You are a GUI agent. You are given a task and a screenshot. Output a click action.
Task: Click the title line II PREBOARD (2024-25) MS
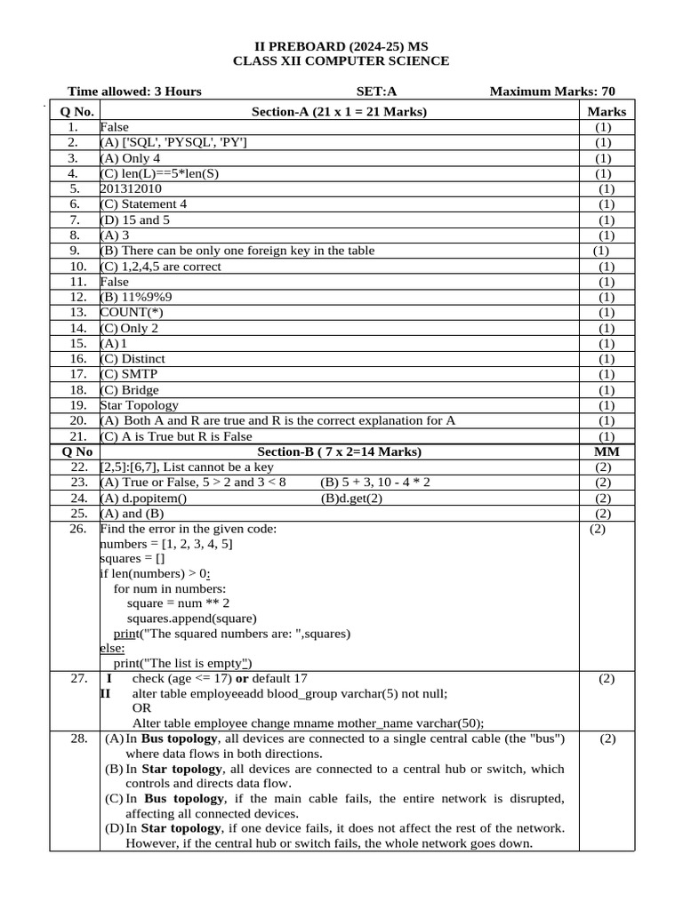click(341, 45)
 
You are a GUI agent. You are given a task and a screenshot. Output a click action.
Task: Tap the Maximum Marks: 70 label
click(551, 92)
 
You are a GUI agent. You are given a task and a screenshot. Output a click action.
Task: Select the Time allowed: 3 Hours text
click(134, 92)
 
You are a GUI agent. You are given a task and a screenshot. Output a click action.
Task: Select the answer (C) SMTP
click(129, 374)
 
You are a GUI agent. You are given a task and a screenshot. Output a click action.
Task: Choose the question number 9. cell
click(76, 251)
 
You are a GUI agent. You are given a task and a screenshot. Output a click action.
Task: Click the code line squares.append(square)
click(191, 619)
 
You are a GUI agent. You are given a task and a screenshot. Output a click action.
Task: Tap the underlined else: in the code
click(112, 648)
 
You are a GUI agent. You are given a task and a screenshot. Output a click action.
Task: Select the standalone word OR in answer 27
click(141, 708)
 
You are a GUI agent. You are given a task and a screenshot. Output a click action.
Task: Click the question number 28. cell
click(76, 739)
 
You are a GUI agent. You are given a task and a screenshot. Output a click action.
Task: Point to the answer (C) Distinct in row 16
click(133, 359)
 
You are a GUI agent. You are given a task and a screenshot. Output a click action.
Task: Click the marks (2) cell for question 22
click(603, 467)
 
